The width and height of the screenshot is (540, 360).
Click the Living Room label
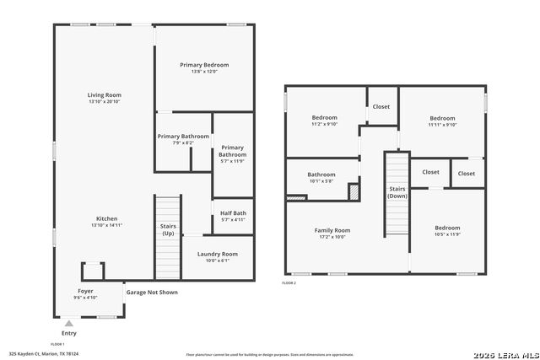click(105, 95)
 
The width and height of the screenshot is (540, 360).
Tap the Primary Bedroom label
click(204, 65)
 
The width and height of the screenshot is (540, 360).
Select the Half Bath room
click(233, 216)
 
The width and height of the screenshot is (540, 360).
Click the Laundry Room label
click(218, 254)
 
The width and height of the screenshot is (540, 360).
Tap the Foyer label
click(86, 291)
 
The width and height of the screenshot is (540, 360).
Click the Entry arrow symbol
click(68, 323)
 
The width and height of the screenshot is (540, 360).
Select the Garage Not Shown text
click(152, 293)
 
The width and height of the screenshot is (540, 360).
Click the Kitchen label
click(106, 218)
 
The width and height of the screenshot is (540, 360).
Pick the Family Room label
click(332, 230)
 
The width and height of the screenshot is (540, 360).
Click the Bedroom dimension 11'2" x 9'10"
click(325, 125)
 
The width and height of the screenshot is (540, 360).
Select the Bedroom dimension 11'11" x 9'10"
click(442, 125)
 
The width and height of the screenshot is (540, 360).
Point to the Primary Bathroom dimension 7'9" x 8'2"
click(183, 142)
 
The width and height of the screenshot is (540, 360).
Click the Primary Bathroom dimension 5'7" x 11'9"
click(233, 161)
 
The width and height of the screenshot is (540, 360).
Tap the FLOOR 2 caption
click(289, 283)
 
